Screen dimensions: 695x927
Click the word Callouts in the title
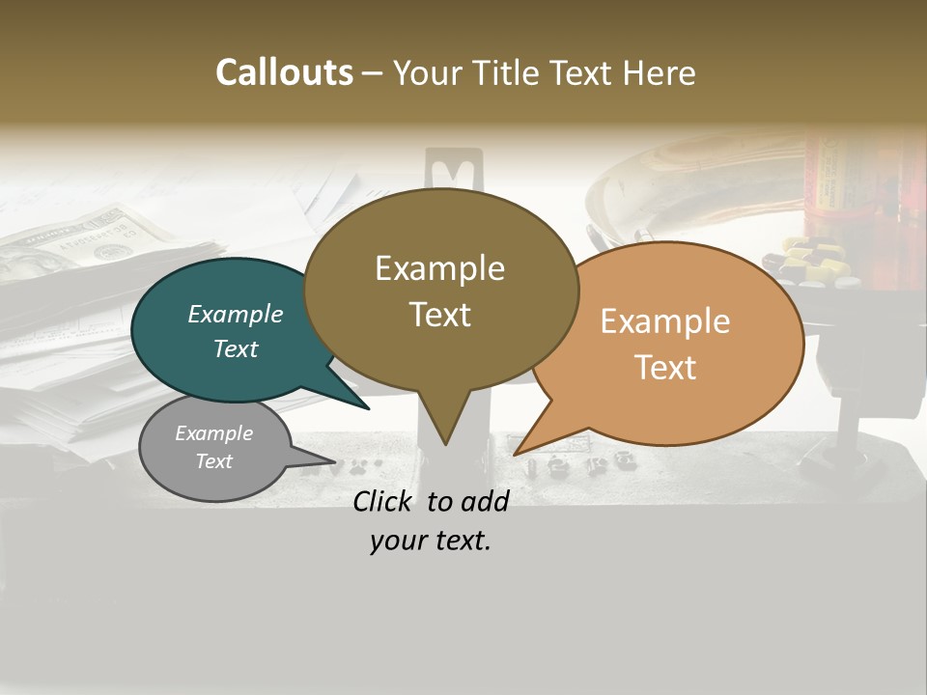(x=284, y=72)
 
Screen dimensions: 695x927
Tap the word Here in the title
(x=659, y=72)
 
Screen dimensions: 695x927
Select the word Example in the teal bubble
(x=236, y=314)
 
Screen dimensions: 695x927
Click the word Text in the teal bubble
(x=236, y=348)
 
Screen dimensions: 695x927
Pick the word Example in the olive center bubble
(x=439, y=268)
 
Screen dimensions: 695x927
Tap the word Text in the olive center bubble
(x=439, y=315)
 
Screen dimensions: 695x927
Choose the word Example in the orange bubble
(x=665, y=321)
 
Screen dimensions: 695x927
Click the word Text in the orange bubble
(x=665, y=368)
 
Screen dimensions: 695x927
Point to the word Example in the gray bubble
(x=213, y=433)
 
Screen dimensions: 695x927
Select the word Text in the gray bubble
(x=213, y=461)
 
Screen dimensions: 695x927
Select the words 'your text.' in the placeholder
(x=431, y=541)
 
